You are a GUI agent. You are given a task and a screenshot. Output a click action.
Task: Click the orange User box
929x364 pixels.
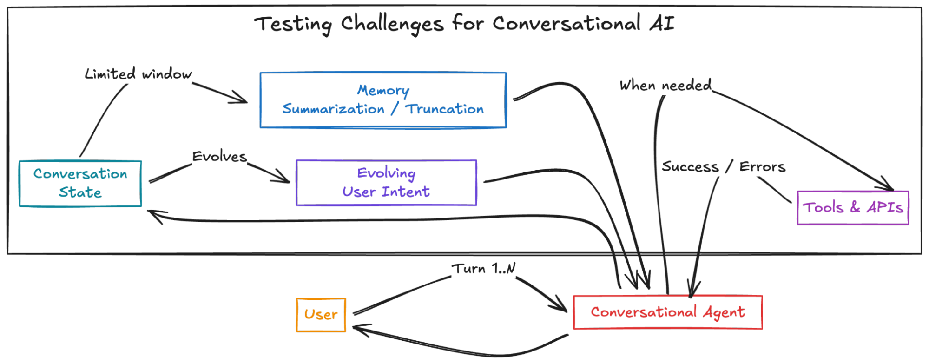coord(321,315)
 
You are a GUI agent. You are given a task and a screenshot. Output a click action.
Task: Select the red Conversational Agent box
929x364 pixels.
coord(667,312)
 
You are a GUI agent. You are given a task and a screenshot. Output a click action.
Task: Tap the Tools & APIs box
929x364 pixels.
coord(852,207)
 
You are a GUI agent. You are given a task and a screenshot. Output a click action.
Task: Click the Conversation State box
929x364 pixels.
coord(80,183)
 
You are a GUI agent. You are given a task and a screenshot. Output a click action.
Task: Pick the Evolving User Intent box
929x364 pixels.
coord(386,183)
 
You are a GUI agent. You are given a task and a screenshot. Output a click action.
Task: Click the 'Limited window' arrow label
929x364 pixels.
coord(138,74)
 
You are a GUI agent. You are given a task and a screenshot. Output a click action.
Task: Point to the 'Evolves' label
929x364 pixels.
coord(219,157)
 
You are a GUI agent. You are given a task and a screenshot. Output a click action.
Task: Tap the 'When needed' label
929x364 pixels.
coord(665,85)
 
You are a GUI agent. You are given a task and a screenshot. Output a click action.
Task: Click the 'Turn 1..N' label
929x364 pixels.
coord(484,268)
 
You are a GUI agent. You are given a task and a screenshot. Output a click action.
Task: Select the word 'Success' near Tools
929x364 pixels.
coord(690,166)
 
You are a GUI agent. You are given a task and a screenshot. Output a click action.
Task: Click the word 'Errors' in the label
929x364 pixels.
coord(762,166)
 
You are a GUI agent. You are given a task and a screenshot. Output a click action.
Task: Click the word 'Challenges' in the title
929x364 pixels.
coord(392,24)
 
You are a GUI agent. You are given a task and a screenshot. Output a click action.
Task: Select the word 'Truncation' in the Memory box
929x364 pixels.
coord(444,109)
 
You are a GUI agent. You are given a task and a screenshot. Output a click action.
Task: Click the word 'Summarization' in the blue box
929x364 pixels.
coord(333,109)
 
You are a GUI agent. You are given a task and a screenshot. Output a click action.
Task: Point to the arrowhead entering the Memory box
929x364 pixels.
coord(244,100)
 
